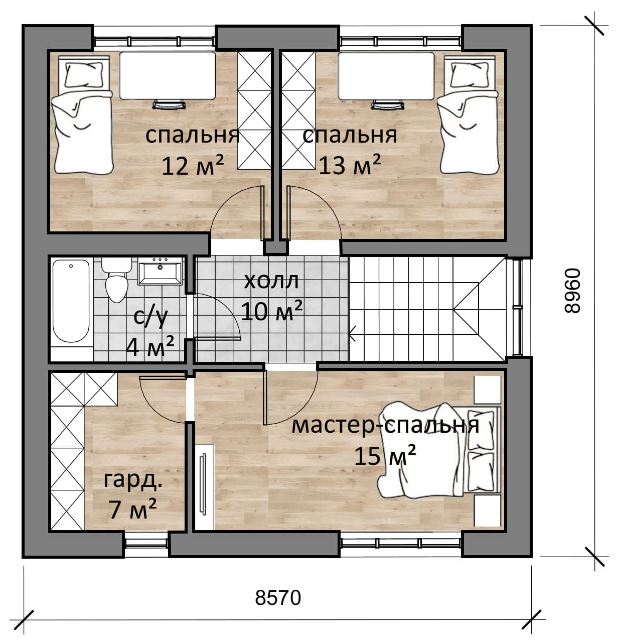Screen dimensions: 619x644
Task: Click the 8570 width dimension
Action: [278, 598]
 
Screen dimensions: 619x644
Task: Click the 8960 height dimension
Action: [572, 290]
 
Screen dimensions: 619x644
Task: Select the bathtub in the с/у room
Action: [71, 301]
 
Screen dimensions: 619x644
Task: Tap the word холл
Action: [271, 281]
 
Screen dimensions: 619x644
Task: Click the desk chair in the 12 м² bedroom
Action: [169, 104]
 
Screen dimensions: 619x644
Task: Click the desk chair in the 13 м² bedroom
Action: [387, 104]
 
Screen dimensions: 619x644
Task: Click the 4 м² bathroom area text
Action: [150, 347]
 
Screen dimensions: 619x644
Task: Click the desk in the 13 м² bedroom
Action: [386, 75]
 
